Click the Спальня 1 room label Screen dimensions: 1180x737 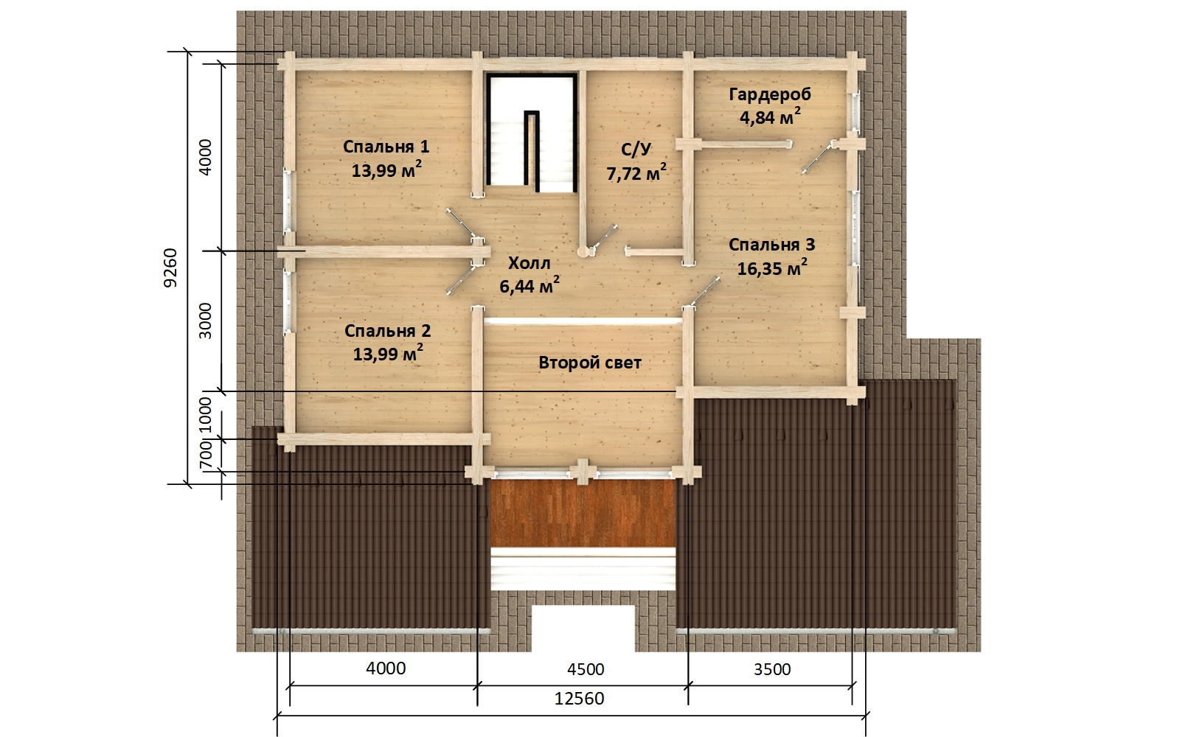[x=386, y=147]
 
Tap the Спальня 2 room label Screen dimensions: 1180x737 [x=388, y=331]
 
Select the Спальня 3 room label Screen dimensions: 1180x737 [x=771, y=245]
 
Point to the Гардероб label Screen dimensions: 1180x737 [x=770, y=95]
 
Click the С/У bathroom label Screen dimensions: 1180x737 [x=636, y=150]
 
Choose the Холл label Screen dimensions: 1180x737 [x=529, y=263]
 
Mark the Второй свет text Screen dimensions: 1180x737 [x=590, y=363]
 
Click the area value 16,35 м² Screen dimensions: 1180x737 [x=771, y=268]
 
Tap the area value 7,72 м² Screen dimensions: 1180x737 [x=636, y=172]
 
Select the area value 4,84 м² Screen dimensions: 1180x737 [x=770, y=116]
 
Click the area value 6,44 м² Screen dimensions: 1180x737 [x=529, y=285]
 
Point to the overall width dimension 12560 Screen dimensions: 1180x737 [x=579, y=699]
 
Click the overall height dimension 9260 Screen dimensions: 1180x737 [x=170, y=268]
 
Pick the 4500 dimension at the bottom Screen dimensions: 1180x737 [x=586, y=669]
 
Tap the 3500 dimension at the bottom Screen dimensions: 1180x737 [x=772, y=669]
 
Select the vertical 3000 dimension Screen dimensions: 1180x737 [x=205, y=321]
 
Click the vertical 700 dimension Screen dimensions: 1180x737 [x=206, y=455]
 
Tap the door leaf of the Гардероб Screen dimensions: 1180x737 [x=818, y=157]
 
